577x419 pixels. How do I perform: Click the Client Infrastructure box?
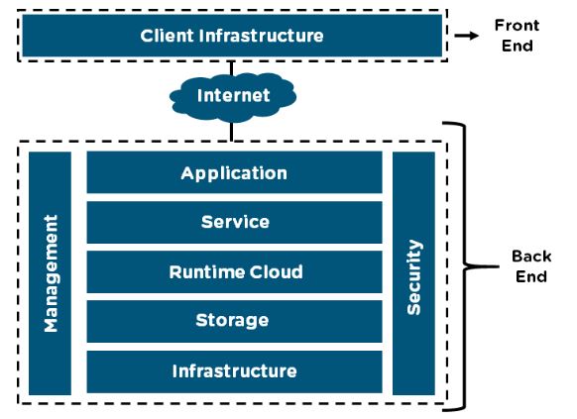point(232,36)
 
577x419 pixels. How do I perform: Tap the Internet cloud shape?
point(233,96)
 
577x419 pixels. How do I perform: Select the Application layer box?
point(234,173)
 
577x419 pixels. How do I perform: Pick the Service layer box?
point(234,222)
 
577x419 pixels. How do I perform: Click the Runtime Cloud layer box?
point(234,271)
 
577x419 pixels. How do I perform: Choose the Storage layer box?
point(234,321)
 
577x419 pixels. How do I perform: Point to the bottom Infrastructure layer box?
point(234,371)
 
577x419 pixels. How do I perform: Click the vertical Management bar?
point(50,273)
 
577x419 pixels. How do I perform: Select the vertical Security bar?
point(413,273)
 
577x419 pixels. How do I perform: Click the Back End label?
point(530,266)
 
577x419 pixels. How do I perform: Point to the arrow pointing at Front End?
point(466,36)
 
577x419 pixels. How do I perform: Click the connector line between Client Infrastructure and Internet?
point(233,69)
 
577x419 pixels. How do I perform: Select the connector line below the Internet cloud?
point(233,129)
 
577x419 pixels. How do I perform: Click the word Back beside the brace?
point(530,257)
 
